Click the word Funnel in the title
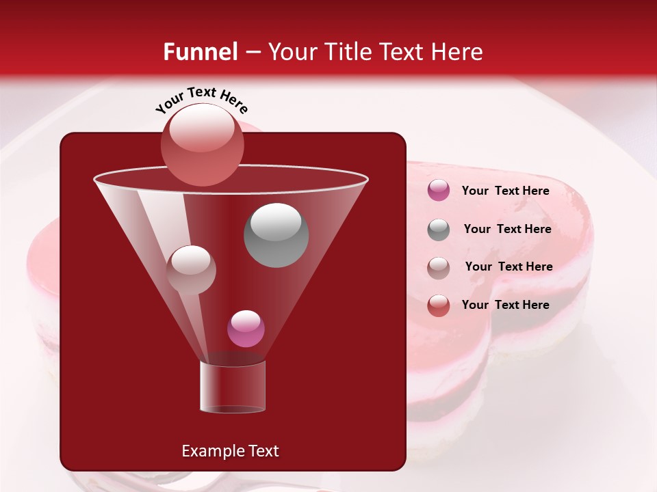pyautogui.click(x=200, y=52)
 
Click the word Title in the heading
pyautogui.click(x=346, y=52)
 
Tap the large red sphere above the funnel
pyautogui.click(x=202, y=146)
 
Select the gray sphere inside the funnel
pyautogui.click(x=276, y=235)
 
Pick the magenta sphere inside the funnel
pyautogui.click(x=246, y=329)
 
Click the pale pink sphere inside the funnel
pyautogui.click(x=191, y=270)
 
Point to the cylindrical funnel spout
pyautogui.click(x=232, y=387)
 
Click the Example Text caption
pyautogui.click(x=230, y=451)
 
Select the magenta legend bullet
pyautogui.click(x=439, y=191)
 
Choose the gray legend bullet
pyautogui.click(x=439, y=230)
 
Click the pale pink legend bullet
pyautogui.click(x=439, y=268)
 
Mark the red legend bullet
pyautogui.click(x=439, y=305)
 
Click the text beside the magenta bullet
pyautogui.click(x=505, y=191)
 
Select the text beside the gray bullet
pyautogui.click(x=507, y=230)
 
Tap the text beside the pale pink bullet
pyautogui.click(x=508, y=267)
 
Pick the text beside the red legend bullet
pyautogui.click(x=505, y=305)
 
